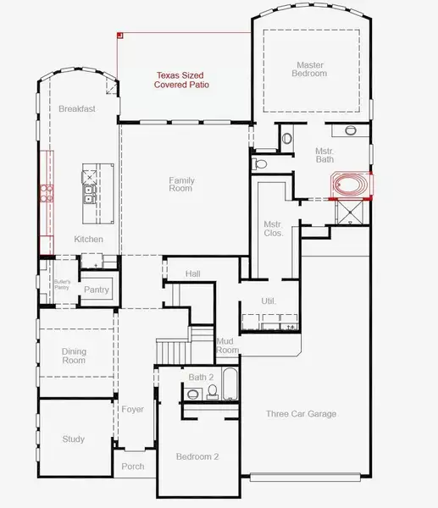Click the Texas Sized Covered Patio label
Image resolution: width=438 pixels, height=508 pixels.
pyautogui.click(x=181, y=80)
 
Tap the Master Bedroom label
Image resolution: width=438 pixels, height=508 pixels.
pyautogui.click(x=309, y=69)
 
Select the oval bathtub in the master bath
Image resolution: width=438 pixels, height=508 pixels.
pyautogui.click(x=351, y=185)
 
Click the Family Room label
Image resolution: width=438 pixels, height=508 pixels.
pyautogui.click(x=181, y=184)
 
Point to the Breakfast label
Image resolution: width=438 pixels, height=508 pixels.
pyautogui.click(x=77, y=109)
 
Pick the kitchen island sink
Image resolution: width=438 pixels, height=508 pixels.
pyautogui.click(x=88, y=195)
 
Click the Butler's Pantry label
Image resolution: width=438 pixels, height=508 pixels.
pyautogui.click(x=62, y=284)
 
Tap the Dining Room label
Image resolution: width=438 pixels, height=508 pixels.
pyautogui.click(x=74, y=356)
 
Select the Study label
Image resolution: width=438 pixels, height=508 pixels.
pyautogui.click(x=73, y=439)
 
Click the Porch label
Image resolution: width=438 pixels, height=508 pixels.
pyautogui.click(x=133, y=467)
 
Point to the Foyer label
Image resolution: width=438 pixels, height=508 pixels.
pyautogui.click(x=133, y=409)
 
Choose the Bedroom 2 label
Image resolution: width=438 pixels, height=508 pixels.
pyautogui.click(x=197, y=456)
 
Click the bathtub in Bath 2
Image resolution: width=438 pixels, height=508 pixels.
pyautogui.click(x=230, y=384)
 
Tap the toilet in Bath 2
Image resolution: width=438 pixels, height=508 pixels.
pyautogui.click(x=213, y=391)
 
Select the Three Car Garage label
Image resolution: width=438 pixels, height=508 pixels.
pyautogui.click(x=302, y=414)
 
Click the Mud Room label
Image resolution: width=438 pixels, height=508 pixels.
pyautogui.click(x=227, y=345)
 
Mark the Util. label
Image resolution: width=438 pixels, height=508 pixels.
pyautogui.click(x=269, y=301)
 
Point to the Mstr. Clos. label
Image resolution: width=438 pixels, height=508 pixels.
pyautogui.click(x=274, y=229)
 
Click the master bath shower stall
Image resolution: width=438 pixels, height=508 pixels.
pyautogui.click(x=351, y=212)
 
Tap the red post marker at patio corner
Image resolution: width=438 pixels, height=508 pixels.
pyautogui.click(x=120, y=35)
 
